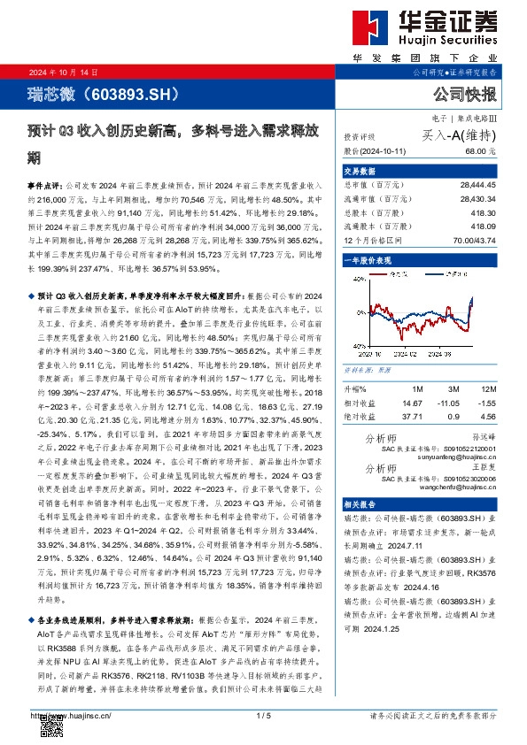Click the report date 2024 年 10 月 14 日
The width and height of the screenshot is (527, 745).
pos(64,73)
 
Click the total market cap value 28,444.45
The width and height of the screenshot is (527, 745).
pos(478,185)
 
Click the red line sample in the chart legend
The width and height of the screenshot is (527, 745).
pos(384,276)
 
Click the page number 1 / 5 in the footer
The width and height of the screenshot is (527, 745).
pos(262,715)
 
